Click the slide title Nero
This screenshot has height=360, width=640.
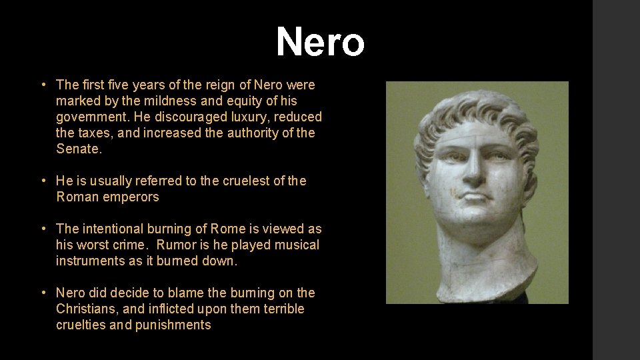[x=320, y=42]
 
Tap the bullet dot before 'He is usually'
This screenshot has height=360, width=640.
[x=42, y=181]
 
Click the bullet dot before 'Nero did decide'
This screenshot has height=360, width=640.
[x=42, y=293]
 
